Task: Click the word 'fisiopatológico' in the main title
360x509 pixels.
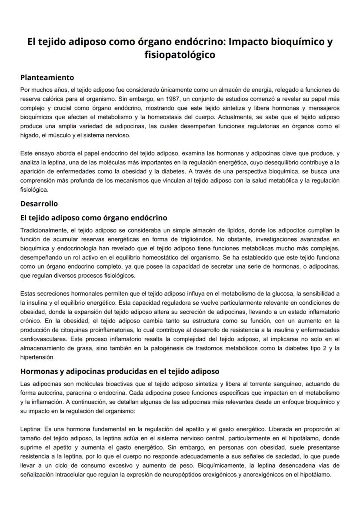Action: [180, 55]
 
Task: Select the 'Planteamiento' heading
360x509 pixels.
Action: [47, 78]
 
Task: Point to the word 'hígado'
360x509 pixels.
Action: [29, 135]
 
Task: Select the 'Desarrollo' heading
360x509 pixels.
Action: [39, 203]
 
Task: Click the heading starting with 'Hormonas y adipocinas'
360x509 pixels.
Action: [120, 371]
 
